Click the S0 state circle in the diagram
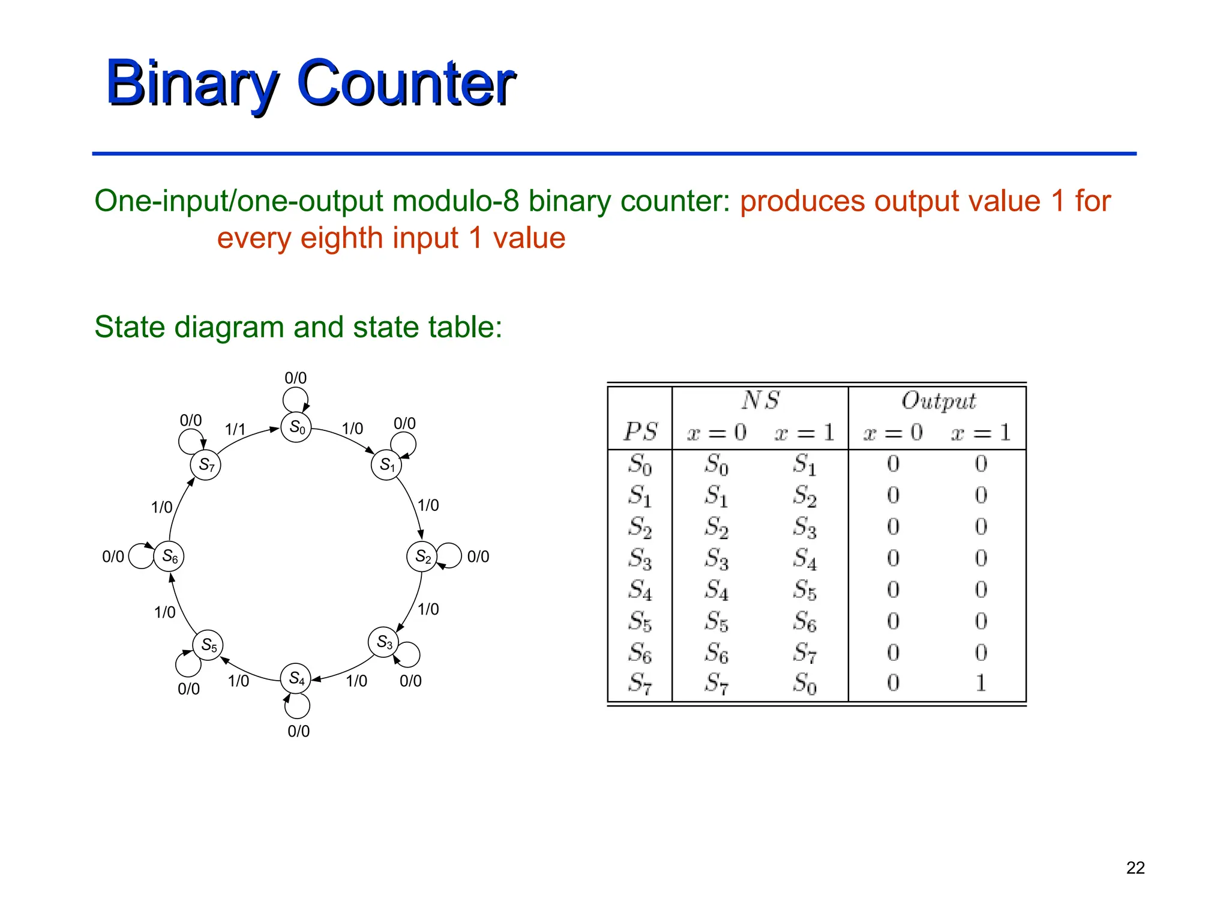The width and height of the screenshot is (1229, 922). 296,427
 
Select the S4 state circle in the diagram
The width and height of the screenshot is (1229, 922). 296,679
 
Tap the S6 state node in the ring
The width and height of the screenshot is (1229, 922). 169,556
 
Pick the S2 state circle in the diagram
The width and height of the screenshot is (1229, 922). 422,556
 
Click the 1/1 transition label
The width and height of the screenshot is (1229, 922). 235,429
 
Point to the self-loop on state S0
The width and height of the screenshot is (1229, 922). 295,399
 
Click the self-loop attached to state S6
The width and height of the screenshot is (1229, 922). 141,556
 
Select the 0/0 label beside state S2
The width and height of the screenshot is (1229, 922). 478,556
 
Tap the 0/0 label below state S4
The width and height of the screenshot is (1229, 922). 298,731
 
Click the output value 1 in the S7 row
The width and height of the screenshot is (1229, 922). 981,683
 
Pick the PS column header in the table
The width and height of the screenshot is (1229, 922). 640,432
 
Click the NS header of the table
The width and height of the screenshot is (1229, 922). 760,400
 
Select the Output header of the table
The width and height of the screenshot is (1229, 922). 938,401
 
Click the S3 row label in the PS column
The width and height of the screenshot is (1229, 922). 640,559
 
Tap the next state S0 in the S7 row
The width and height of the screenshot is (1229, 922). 804,683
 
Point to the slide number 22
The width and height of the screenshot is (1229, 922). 1135,868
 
